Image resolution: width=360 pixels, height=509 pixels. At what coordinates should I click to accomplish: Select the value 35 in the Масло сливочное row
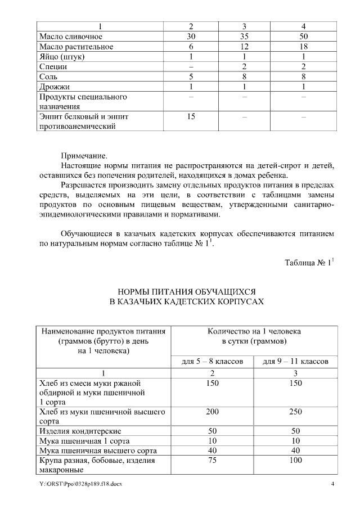click(x=244, y=37)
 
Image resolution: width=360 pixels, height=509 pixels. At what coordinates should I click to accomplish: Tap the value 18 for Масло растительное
click(x=303, y=47)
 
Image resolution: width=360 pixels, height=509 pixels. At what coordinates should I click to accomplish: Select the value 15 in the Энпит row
click(x=191, y=116)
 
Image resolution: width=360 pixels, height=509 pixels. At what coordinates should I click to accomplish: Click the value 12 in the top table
click(x=244, y=47)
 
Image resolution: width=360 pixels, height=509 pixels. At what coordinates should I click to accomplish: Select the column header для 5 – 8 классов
click(x=212, y=361)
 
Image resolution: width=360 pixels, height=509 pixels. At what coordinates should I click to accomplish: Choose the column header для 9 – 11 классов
click(x=295, y=361)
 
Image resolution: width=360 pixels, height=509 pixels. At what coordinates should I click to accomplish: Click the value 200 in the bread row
click(x=212, y=412)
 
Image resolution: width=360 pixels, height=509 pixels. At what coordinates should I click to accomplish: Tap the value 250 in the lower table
click(x=295, y=412)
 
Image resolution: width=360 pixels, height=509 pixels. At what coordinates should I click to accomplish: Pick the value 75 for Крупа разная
click(x=212, y=460)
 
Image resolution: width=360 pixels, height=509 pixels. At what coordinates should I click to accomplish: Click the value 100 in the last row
click(x=295, y=460)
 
